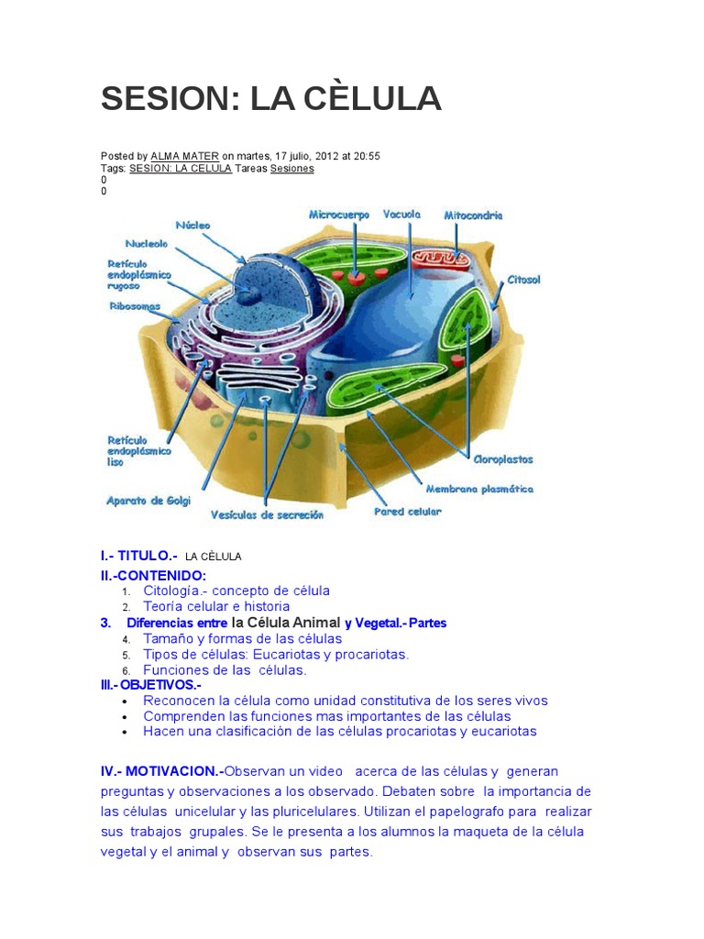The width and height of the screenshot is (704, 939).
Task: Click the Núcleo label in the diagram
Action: point(192,225)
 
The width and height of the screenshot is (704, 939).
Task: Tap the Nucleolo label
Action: point(146,244)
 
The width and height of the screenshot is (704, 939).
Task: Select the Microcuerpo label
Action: point(338,215)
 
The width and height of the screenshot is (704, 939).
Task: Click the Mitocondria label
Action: point(473,215)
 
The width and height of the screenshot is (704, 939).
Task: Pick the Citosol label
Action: point(524,280)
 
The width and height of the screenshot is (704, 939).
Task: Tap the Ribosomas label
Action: point(135,306)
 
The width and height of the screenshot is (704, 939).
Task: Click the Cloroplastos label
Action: point(502,458)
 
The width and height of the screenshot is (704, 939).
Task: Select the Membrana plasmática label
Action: point(479,489)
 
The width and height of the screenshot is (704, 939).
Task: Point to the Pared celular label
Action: point(407,512)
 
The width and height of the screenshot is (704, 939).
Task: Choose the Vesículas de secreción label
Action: point(267,515)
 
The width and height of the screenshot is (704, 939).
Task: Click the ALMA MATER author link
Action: point(184,157)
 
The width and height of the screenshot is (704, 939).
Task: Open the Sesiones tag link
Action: point(292,169)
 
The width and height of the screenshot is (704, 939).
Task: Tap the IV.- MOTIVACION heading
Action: point(161,771)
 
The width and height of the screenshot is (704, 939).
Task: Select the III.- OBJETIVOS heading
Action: point(150,685)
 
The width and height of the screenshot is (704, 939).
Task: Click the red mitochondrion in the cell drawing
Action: point(437,260)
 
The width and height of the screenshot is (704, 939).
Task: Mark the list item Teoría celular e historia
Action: point(216,606)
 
